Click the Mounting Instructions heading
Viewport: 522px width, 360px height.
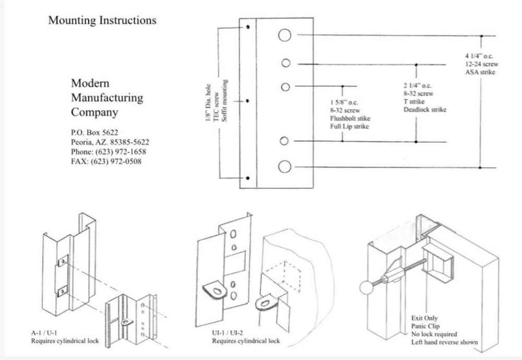102,20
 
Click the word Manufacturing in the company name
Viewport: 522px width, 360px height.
106,98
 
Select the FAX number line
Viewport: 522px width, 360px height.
105,161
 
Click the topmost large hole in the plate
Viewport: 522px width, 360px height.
284,35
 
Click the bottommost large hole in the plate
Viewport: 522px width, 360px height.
284,167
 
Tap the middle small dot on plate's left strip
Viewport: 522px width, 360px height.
248,101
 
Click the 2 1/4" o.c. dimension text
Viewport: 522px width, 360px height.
418,86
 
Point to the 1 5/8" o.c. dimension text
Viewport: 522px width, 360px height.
341,102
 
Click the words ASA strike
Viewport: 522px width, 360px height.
479,72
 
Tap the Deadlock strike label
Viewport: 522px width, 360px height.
424,110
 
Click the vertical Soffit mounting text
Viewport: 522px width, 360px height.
226,101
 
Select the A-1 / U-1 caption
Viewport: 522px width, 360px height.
46,333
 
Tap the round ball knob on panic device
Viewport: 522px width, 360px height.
366,287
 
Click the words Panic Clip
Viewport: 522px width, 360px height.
425,326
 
